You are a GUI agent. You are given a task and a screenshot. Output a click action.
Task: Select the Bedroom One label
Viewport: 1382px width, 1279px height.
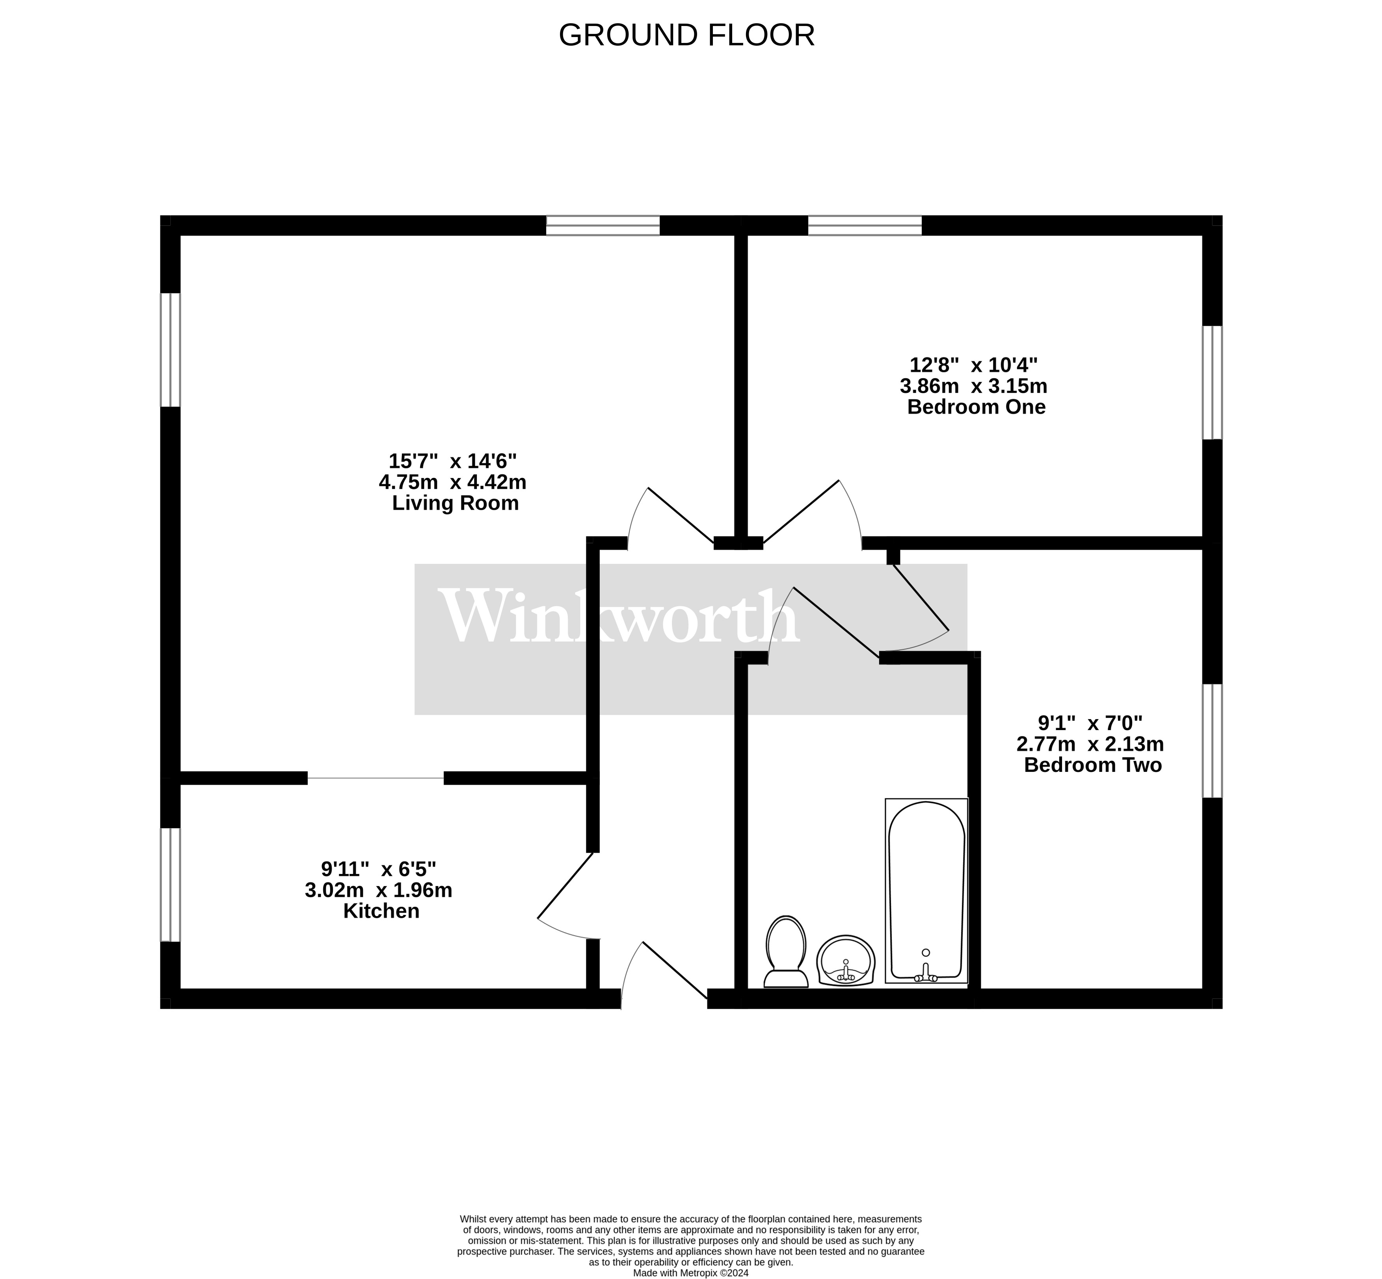click(x=976, y=407)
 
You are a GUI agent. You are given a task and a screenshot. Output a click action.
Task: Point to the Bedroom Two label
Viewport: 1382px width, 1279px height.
click(x=1092, y=766)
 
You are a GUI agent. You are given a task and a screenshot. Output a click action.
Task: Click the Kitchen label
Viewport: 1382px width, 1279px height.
click(x=381, y=911)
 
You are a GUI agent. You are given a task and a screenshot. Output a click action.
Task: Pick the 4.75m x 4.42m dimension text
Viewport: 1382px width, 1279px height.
click(x=453, y=482)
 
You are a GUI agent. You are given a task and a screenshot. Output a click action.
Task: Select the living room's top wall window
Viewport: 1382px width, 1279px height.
click(x=603, y=226)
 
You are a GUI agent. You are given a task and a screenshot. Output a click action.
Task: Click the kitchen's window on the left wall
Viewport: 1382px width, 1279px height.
click(x=170, y=885)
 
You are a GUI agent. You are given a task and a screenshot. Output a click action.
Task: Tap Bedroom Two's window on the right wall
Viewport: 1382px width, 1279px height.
click(x=1212, y=741)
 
